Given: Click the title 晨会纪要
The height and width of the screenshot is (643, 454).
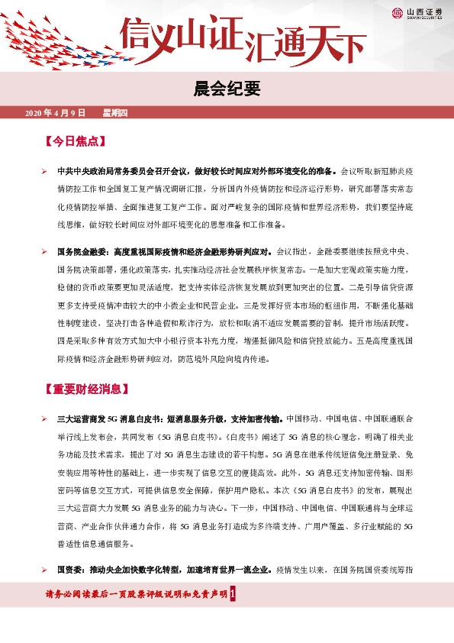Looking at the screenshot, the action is [227, 89].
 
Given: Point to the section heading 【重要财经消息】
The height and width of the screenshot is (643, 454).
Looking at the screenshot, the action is [91, 389].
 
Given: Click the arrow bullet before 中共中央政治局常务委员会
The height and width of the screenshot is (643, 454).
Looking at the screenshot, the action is [45, 171].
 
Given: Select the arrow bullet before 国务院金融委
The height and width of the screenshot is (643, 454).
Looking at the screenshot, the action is [45, 250].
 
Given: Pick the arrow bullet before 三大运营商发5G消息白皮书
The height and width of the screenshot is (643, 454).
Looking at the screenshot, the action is [45, 418].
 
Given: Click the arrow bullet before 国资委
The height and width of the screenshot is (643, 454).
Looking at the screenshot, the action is [45, 569].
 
